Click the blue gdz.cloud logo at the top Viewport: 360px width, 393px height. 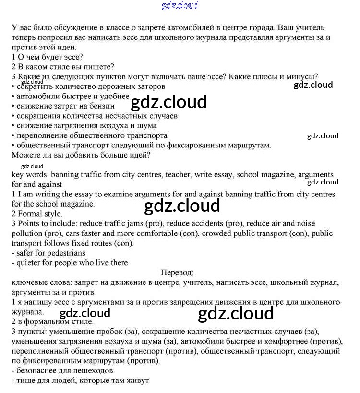point(180,6)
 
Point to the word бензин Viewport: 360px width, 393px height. point(101,106)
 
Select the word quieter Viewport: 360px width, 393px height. point(30,262)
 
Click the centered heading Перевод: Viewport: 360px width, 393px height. point(177,272)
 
